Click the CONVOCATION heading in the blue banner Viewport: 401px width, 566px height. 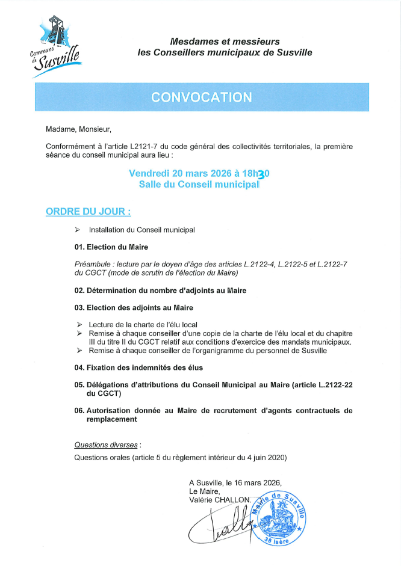click(201, 97)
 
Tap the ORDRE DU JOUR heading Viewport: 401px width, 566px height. click(88, 212)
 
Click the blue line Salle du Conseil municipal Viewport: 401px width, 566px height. click(199, 185)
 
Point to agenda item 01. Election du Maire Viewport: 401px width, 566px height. click(111, 247)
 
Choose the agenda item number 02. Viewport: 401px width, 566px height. click(79, 291)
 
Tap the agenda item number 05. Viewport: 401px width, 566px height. click(79, 385)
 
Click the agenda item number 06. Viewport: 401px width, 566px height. click(79, 411)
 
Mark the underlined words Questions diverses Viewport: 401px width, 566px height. click(106, 445)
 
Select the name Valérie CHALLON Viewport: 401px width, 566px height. click(219, 500)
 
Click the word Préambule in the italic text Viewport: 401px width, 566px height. click(93, 264)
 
